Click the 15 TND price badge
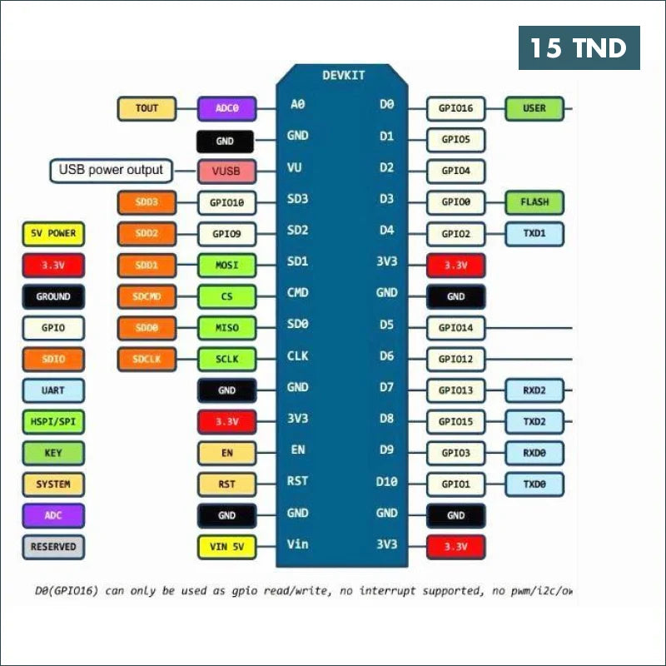coord(579,47)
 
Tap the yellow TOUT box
coord(147,108)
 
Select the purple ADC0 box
coord(226,108)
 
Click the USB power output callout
coord(112,171)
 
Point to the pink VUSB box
coord(226,171)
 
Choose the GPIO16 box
coord(455,108)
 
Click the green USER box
coord(534,108)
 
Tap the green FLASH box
coord(534,202)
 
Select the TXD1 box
coord(534,234)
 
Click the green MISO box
coord(226,328)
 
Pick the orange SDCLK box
coord(147,360)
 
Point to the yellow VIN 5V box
coord(226,547)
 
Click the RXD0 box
coord(534,453)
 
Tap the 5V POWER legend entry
coord(52,234)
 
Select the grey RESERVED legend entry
coord(52,547)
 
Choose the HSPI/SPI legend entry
coord(52,422)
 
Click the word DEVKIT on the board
coord(343,76)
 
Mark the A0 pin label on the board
coord(297,105)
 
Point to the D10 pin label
coord(387,481)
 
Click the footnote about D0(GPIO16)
coord(305,591)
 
